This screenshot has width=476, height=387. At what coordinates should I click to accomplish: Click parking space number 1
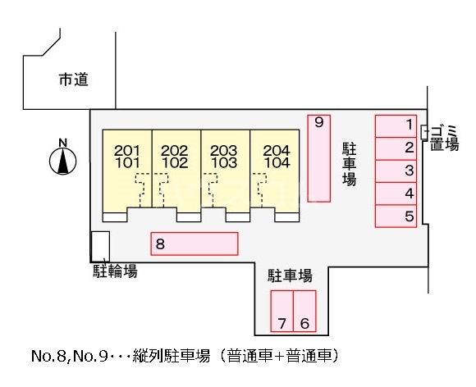coord(396,125)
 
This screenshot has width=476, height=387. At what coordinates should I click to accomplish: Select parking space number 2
coord(396,148)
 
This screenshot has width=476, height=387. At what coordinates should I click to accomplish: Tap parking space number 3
coord(396,171)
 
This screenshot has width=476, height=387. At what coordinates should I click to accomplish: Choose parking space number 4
coord(396,193)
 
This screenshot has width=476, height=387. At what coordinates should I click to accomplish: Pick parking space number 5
coord(396,216)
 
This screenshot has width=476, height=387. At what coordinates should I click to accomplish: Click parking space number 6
coord(304,311)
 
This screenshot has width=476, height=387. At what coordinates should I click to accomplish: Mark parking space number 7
coord(282,311)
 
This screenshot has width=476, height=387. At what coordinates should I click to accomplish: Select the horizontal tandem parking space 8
coord(195,244)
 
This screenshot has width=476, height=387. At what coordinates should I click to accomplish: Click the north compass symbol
coord(62,160)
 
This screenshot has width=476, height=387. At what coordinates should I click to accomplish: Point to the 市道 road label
coord(73,80)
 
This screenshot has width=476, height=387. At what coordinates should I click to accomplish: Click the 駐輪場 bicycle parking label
coord(114,271)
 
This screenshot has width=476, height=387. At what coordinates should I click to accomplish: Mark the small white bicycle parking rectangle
coord(99,246)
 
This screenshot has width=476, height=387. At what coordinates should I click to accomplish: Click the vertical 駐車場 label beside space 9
coord(348,164)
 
